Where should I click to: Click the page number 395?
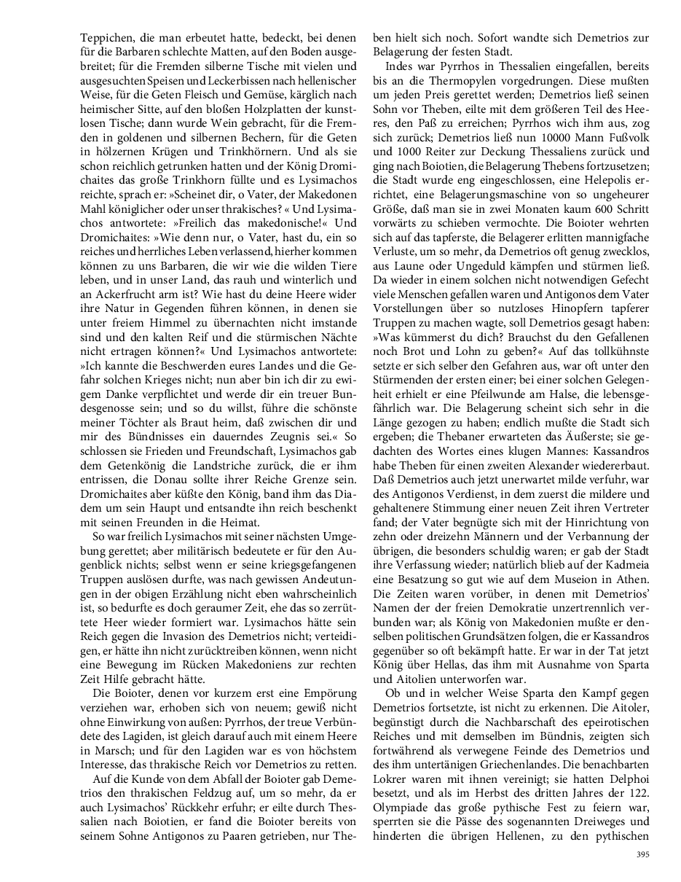pos(642,853)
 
